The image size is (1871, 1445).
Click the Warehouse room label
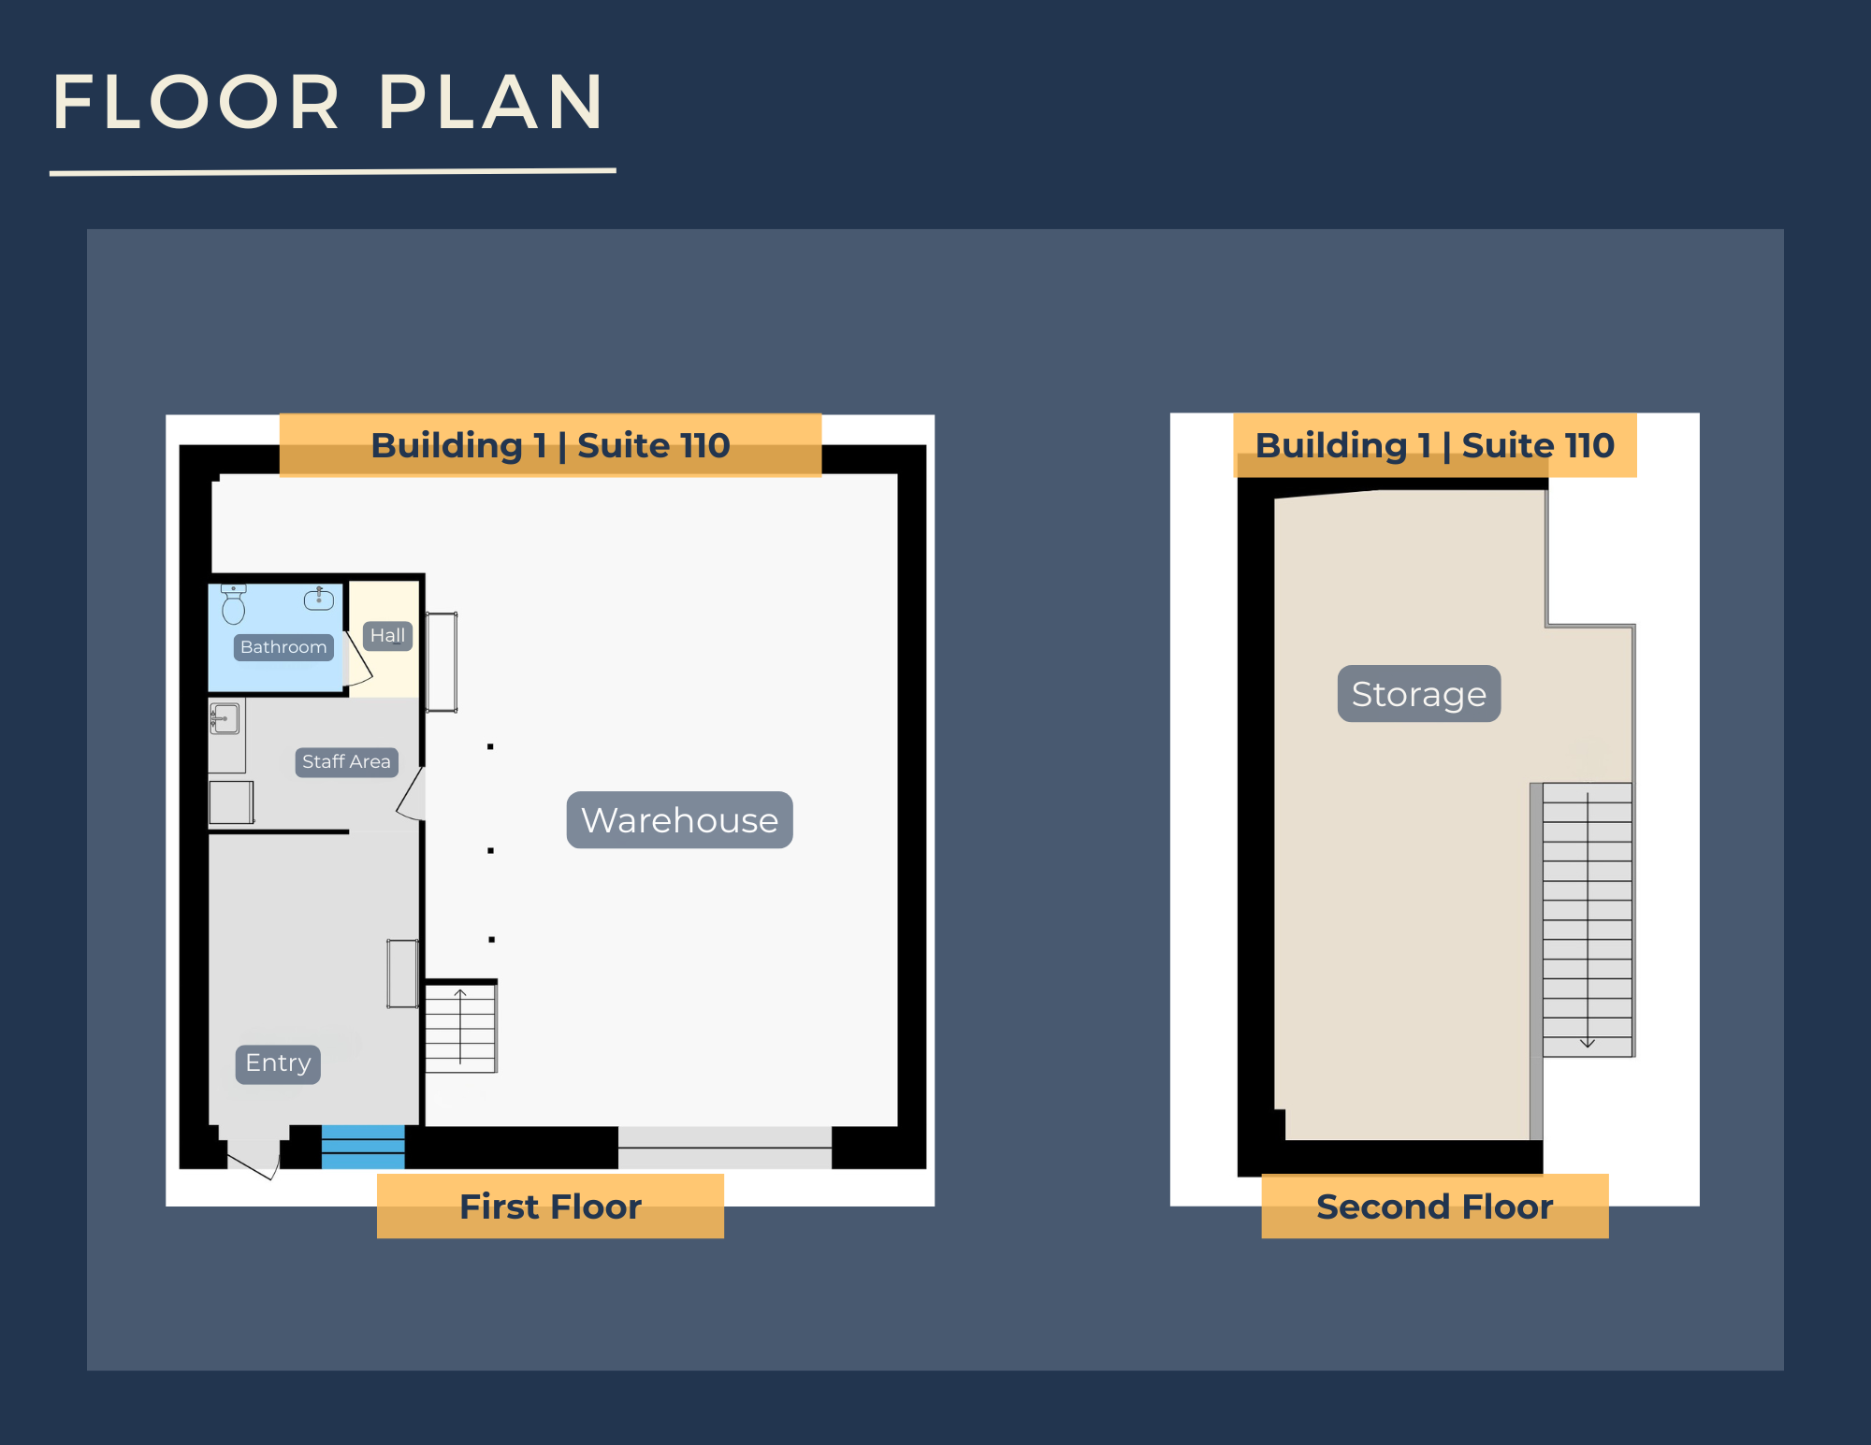pyautogui.click(x=680, y=820)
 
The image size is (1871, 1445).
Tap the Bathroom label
pyautogui.click(x=283, y=647)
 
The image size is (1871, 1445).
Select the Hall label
pyautogui.click(x=387, y=636)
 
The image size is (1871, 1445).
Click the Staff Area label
pyautogui.click(x=346, y=762)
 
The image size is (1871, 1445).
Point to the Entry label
pyautogui.click(x=278, y=1063)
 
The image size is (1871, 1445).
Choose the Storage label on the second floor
pyautogui.click(x=1419, y=694)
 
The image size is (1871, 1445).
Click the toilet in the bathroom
pyautogui.click(x=233, y=604)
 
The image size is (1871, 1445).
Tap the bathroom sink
pyautogui.click(x=319, y=598)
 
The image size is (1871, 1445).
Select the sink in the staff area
pyautogui.click(x=225, y=718)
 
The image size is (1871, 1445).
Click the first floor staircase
pyautogui.click(x=460, y=1027)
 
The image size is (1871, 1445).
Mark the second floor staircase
pyautogui.click(x=1588, y=920)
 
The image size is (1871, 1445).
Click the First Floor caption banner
pyautogui.click(x=550, y=1207)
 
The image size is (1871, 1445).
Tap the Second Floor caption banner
pyautogui.click(x=1435, y=1207)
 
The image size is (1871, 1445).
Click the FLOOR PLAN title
pyautogui.click(x=327, y=102)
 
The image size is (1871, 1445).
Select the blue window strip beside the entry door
pyautogui.click(x=363, y=1147)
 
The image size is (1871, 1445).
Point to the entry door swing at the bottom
pyautogui.click(x=253, y=1161)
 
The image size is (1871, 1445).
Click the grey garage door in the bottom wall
pyautogui.click(x=725, y=1148)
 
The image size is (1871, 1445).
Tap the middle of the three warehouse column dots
pyautogui.click(x=490, y=850)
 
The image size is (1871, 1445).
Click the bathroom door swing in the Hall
pyautogui.click(x=359, y=659)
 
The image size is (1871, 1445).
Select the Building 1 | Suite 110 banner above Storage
pyautogui.click(x=1435, y=445)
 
